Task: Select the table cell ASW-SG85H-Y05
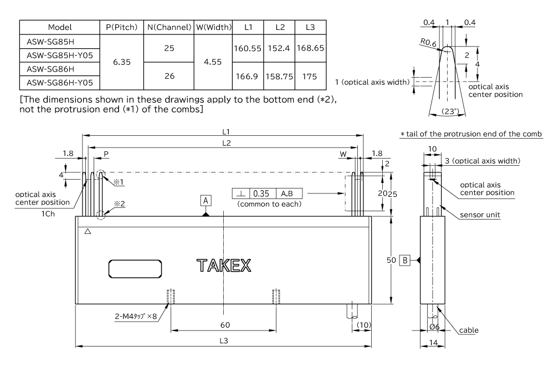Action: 56,55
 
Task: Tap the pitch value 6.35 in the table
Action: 121,62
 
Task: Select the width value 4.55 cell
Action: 213,62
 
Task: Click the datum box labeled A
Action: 206,200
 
